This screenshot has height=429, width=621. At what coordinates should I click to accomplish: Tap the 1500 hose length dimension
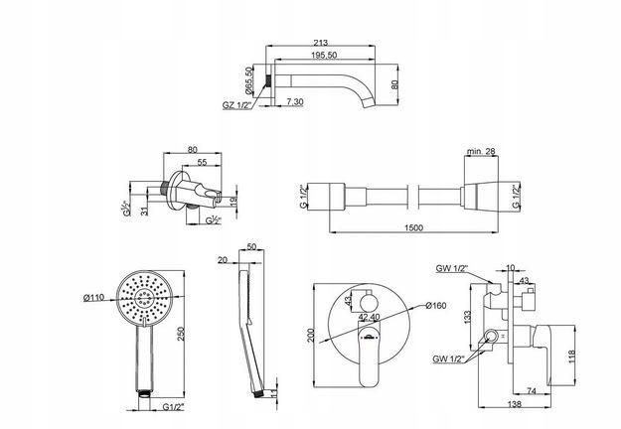414,227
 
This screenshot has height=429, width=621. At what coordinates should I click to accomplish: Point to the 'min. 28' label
482,151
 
